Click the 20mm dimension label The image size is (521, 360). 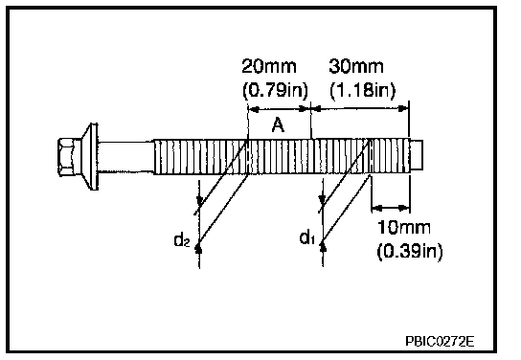tap(269, 66)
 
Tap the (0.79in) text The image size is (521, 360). tap(276, 90)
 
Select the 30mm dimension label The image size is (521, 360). tap(356, 66)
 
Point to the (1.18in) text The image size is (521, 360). tap(363, 90)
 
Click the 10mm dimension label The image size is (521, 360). tap(404, 228)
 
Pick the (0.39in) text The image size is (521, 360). tap(410, 251)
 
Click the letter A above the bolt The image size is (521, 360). tap(278, 125)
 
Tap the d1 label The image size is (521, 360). tap(307, 237)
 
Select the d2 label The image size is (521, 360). tap(182, 239)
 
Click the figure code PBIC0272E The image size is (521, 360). tap(440, 341)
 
